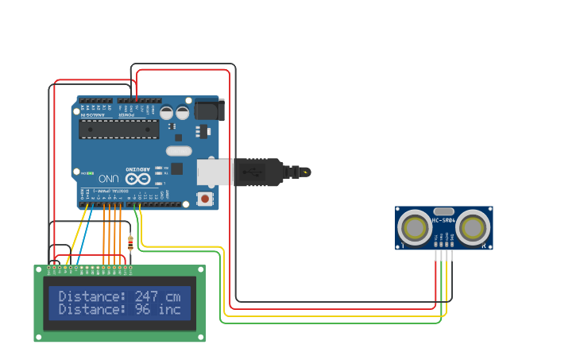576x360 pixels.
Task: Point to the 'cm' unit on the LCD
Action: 173,296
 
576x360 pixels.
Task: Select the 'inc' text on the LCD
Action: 169,309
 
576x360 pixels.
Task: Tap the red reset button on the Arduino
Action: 205,198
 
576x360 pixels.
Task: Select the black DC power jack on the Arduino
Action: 208,109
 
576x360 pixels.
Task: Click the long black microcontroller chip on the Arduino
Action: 114,129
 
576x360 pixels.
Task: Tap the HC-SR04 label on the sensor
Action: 443,220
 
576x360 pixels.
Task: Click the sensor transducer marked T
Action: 415,228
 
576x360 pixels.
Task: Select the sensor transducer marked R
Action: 474,228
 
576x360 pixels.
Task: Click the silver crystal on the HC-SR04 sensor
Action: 443,211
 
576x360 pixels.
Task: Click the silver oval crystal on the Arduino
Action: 179,150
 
